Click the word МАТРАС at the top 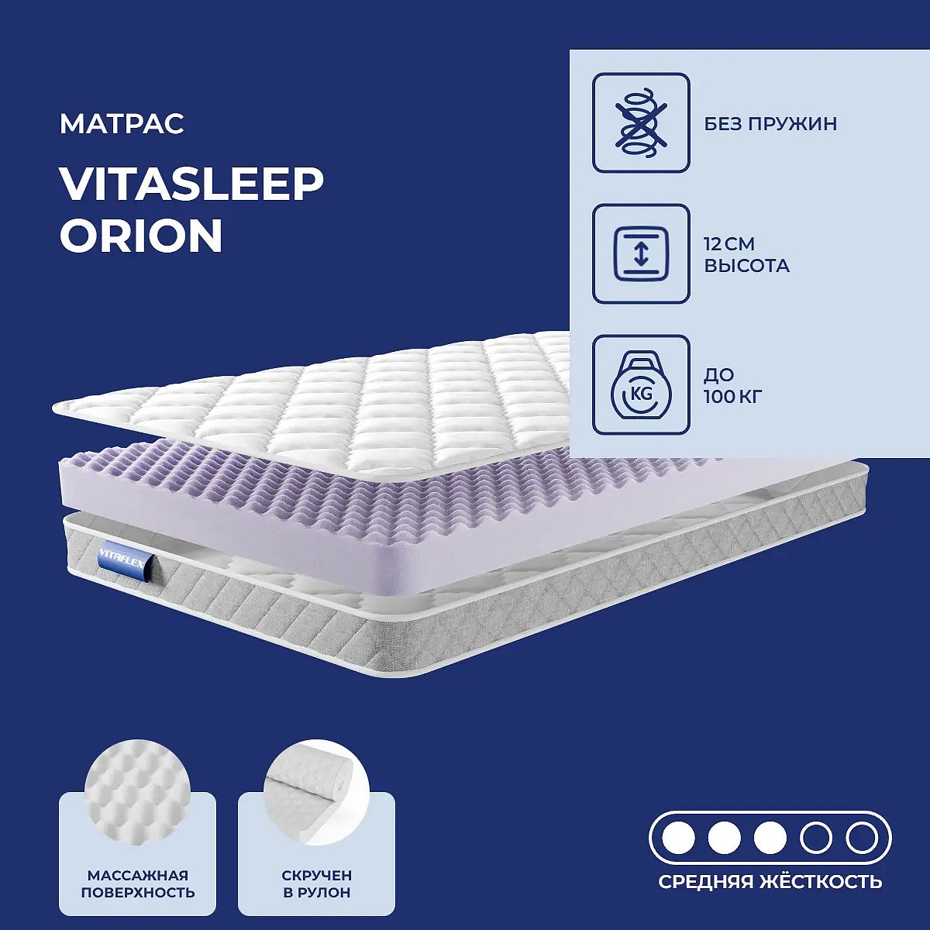tap(122, 124)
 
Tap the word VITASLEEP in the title tap(191, 184)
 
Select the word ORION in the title tap(141, 236)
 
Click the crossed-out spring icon tap(641, 122)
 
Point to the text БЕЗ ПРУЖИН tap(770, 124)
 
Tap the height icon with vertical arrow tap(641, 254)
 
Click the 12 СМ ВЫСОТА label tap(746, 255)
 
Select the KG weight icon tap(641, 385)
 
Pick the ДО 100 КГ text tap(733, 386)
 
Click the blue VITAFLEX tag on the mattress tap(126, 555)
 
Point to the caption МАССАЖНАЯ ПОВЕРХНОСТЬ tap(138, 884)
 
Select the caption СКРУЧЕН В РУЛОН tap(317, 884)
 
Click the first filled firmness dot tap(678, 839)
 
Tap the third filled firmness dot tap(770, 839)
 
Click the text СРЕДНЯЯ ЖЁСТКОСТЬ tap(770, 882)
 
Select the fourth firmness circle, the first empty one tap(816, 825)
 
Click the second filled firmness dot tap(725, 839)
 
